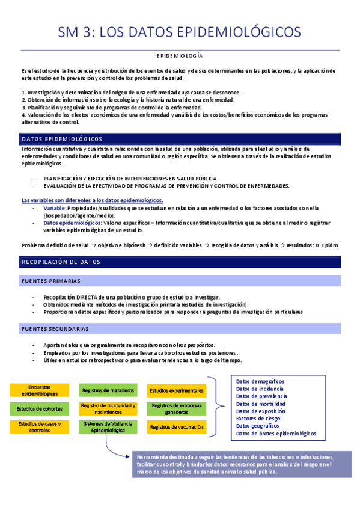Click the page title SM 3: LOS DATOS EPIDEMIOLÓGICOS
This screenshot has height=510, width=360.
[x=180, y=31]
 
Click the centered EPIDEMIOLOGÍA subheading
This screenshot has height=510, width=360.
[x=179, y=55]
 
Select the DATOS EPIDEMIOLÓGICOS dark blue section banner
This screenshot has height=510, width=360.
[x=180, y=139]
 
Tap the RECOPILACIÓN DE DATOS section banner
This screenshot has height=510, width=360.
[x=180, y=262]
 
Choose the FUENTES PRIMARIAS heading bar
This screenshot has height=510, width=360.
[x=180, y=281]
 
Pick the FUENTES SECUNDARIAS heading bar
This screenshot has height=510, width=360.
[x=180, y=329]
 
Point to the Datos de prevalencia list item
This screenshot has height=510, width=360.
[x=261, y=396]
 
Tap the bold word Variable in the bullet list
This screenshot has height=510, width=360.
[x=54, y=207]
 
